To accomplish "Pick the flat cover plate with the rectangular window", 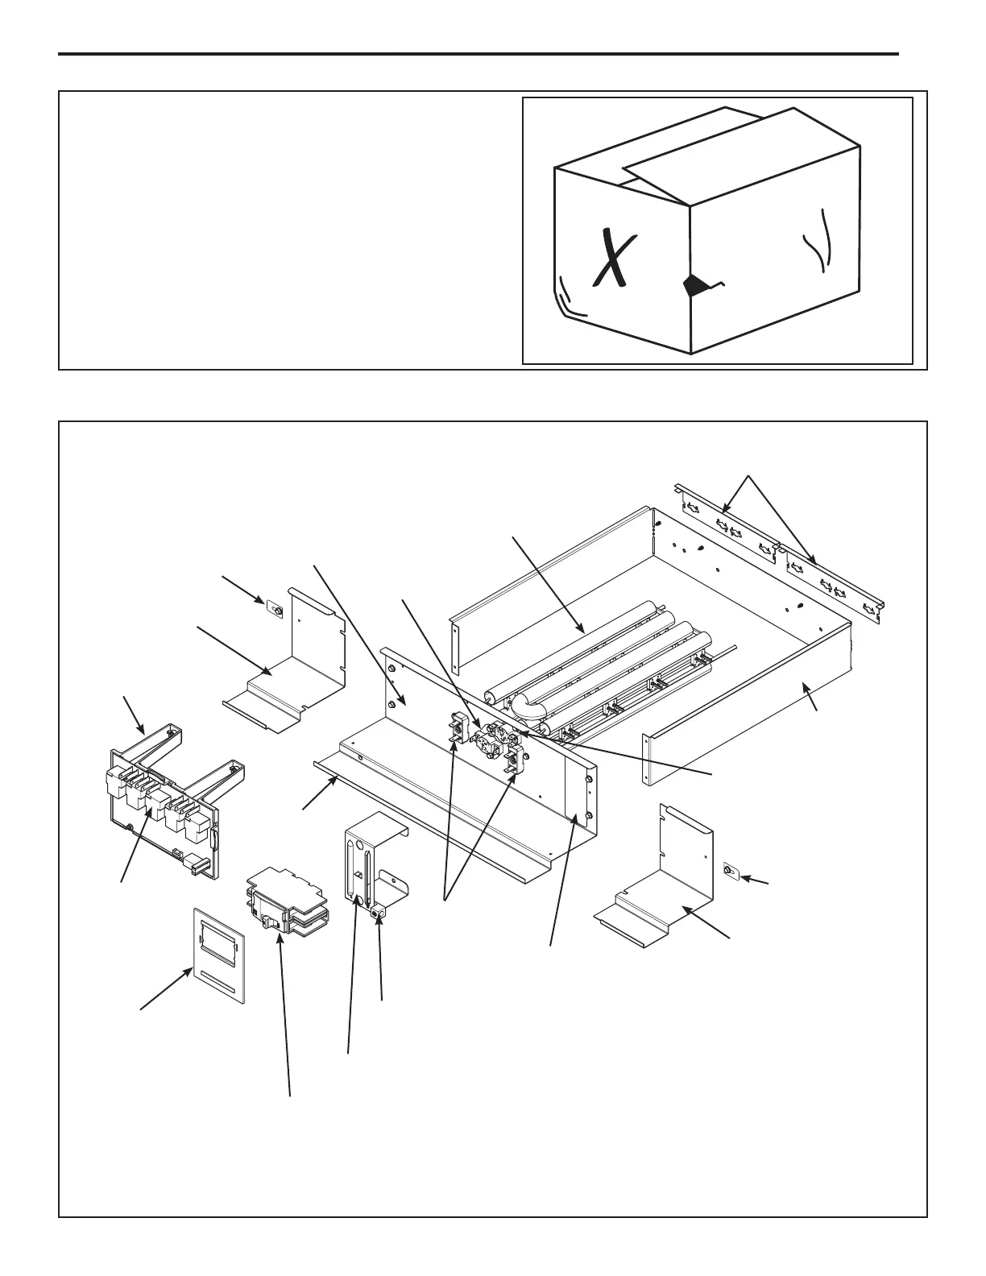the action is pyautogui.click(x=217, y=955).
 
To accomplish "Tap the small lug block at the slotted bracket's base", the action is pyautogui.click(x=376, y=911).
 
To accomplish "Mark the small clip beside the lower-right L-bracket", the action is pyautogui.click(x=728, y=871).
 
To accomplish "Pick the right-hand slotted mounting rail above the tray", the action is pyautogui.click(x=834, y=585).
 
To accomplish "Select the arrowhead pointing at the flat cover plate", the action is pyautogui.click(x=190, y=975).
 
